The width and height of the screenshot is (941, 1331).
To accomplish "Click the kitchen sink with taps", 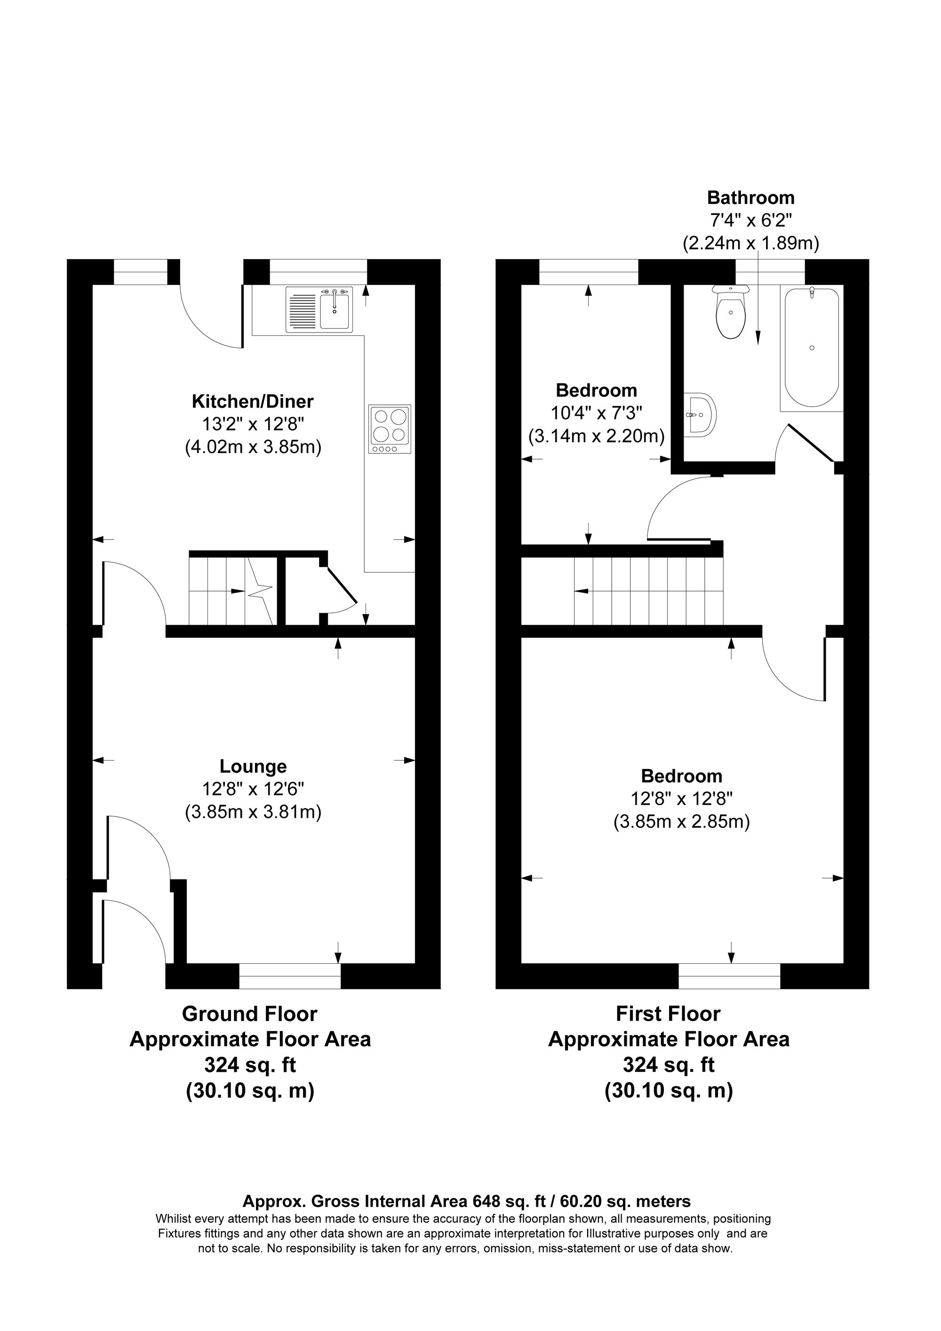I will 319,310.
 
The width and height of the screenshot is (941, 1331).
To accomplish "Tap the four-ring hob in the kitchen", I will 390,429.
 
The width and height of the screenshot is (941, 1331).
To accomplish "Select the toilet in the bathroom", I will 731,313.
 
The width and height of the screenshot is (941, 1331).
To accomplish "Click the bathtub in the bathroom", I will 811,348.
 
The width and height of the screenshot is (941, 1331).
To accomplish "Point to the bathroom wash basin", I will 700,414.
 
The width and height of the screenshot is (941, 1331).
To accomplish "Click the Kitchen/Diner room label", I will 253,401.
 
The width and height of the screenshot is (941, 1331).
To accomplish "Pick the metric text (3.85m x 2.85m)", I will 682,822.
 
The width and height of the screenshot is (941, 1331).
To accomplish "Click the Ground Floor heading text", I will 249,1014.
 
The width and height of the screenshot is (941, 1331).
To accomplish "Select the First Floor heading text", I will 668,1014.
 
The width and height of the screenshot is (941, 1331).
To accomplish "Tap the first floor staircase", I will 648,591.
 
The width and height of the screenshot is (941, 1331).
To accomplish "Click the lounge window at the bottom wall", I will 290,982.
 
